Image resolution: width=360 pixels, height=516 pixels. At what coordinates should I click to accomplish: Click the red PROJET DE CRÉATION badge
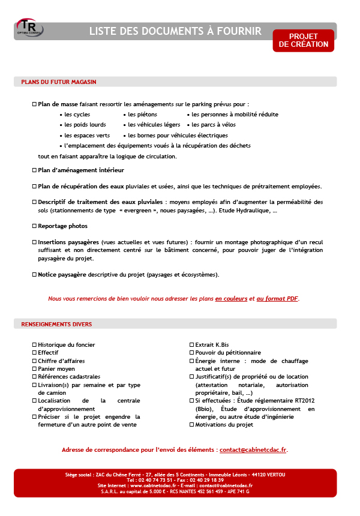tap(303, 40)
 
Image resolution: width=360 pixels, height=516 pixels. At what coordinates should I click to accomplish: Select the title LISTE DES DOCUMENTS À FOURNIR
tap(175, 31)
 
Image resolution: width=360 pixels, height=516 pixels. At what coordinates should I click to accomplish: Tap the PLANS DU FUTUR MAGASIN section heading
tap(59, 82)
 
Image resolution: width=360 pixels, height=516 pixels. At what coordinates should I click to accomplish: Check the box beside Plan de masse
tap(34, 104)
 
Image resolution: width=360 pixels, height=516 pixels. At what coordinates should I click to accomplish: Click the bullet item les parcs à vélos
tap(214, 125)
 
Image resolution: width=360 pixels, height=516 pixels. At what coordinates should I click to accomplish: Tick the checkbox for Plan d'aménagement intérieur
tap(34, 170)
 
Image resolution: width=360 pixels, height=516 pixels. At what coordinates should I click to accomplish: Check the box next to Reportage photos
tap(34, 226)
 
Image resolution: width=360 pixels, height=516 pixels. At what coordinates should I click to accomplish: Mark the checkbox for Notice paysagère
tap(34, 275)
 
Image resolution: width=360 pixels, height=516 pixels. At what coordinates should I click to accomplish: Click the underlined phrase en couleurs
tap(232, 298)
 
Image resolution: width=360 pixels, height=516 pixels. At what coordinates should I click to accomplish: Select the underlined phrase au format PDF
tap(277, 298)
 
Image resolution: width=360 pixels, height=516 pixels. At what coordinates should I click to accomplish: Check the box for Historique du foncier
tap(34, 345)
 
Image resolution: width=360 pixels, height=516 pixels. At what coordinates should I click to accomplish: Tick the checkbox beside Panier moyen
tap(34, 369)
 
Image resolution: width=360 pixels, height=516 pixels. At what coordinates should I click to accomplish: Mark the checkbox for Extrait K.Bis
tap(191, 345)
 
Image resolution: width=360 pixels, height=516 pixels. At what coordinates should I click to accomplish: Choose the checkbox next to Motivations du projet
tap(191, 425)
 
